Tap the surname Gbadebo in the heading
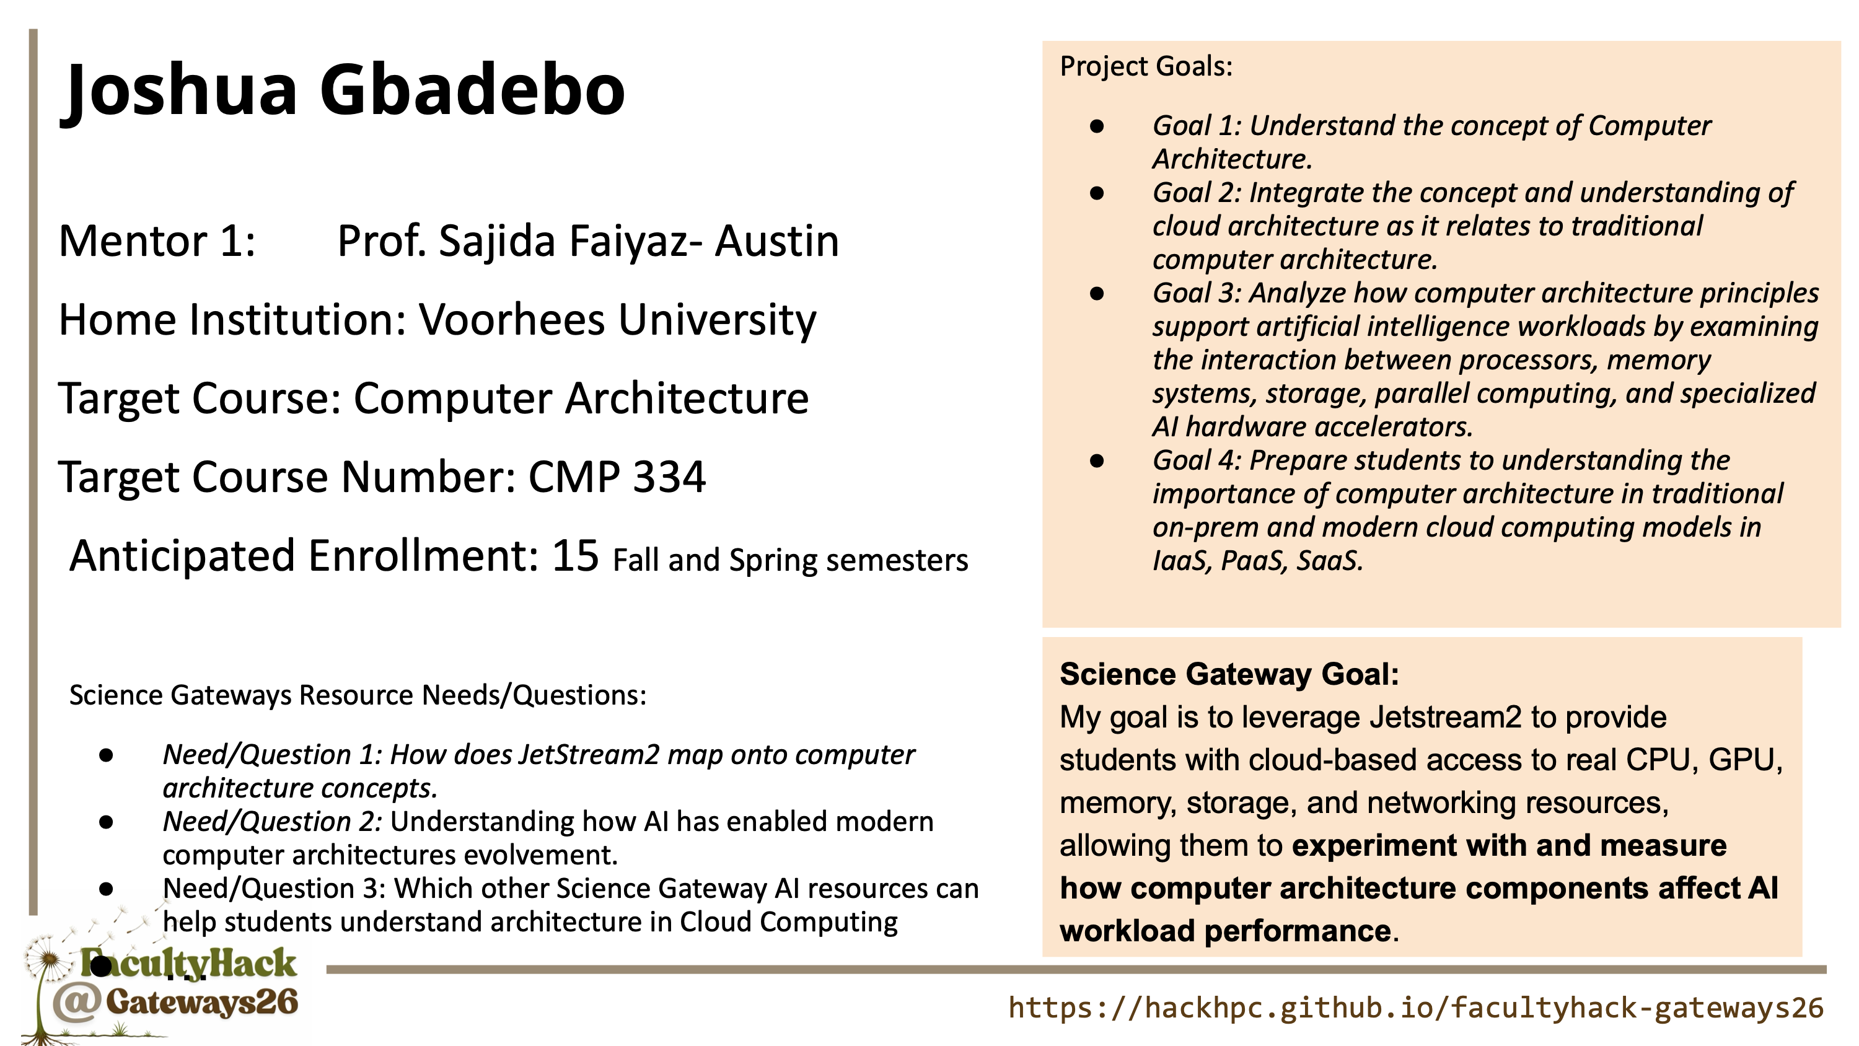pyautogui.click(x=473, y=89)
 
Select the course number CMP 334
pyautogui.click(x=617, y=477)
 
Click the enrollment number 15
pyautogui.click(x=575, y=555)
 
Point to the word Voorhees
pyautogui.click(x=512, y=319)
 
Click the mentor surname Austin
pyautogui.click(x=776, y=240)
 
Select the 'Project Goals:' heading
pyautogui.click(x=1146, y=66)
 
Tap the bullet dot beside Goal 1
pyautogui.click(x=1097, y=126)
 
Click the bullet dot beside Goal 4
pyautogui.click(x=1097, y=460)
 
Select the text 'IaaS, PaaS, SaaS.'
pyautogui.click(x=1258, y=561)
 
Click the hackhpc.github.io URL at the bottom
pyautogui.click(x=1416, y=1007)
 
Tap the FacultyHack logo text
pyautogui.click(x=188, y=963)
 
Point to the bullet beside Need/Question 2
pyautogui.click(x=107, y=822)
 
